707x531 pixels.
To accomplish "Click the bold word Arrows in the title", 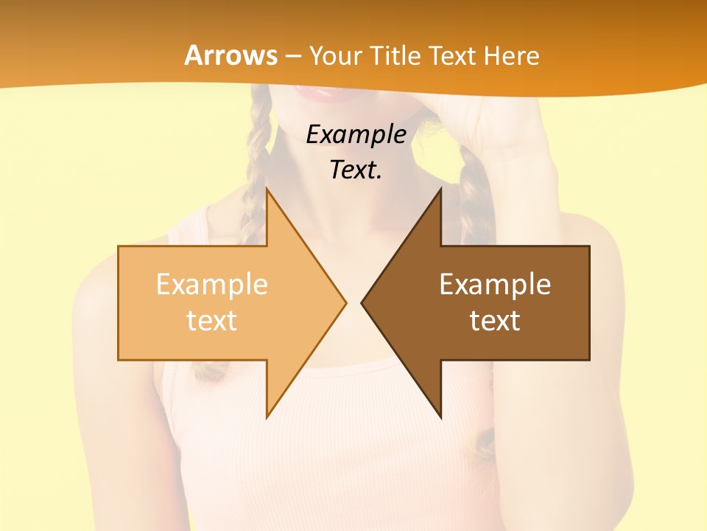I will pyautogui.click(x=231, y=55).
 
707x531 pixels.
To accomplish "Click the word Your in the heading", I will pyautogui.click(x=336, y=56).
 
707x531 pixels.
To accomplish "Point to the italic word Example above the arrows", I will pyautogui.click(x=356, y=134).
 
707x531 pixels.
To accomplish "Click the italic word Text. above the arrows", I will pyautogui.click(x=356, y=170).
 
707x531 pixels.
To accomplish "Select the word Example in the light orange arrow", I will pyautogui.click(x=212, y=284).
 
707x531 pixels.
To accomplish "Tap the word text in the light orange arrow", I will pyautogui.click(x=212, y=320).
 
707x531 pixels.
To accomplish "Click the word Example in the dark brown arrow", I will pyautogui.click(x=495, y=284).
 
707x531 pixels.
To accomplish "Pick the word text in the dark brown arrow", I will pyautogui.click(x=495, y=320).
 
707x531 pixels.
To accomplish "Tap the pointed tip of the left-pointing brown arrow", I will pyautogui.click(x=362, y=302).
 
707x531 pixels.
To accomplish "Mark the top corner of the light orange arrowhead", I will pyautogui.click(x=267, y=190).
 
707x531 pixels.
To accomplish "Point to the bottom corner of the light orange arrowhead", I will pyautogui.click(x=267, y=416).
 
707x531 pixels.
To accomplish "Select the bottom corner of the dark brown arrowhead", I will pyautogui.click(x=440, y=416).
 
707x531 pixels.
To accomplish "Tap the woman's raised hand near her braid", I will pyautogui.click(x=508, y=125).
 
